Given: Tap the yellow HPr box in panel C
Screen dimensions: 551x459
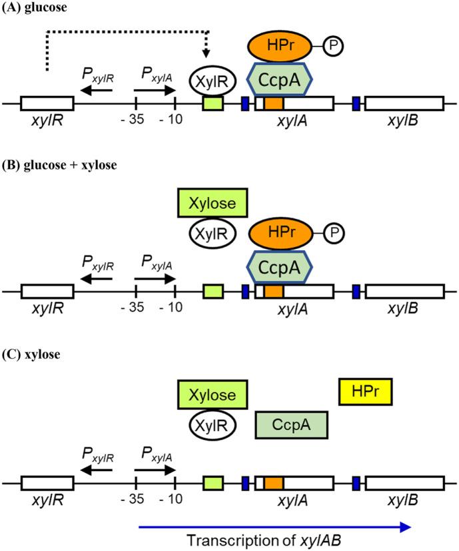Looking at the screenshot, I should click(x=365, y=391).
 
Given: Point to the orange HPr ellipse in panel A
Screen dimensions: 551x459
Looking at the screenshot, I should click(x=282, y=45).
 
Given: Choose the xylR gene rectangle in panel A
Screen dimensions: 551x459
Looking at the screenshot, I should click(x=47, y=104).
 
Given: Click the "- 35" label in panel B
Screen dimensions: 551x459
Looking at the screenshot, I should click(x=135, y=310).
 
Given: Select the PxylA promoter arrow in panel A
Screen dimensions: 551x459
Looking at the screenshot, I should click(x=154, y=89).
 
